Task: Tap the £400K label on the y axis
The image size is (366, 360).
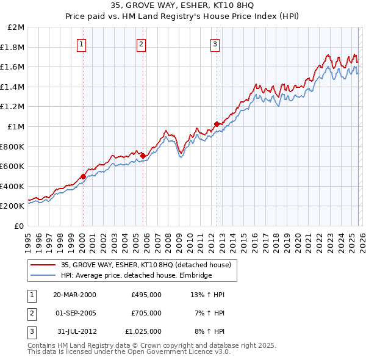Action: [13, 186]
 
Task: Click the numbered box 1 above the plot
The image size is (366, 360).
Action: [82, 43]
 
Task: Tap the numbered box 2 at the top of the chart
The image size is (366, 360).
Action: [141, 43]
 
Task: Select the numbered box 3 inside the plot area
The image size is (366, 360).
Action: [215, 43]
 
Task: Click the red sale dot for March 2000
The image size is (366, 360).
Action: [83, 176]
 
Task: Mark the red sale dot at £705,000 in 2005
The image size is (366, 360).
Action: [142, 156]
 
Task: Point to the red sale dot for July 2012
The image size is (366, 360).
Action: [217, 124]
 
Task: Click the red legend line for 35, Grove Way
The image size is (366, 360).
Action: [43, 265]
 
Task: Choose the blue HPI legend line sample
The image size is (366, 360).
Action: [43, 275]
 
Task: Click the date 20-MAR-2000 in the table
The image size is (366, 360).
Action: [74, 295]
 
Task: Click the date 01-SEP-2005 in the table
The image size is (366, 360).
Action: [74, 313]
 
